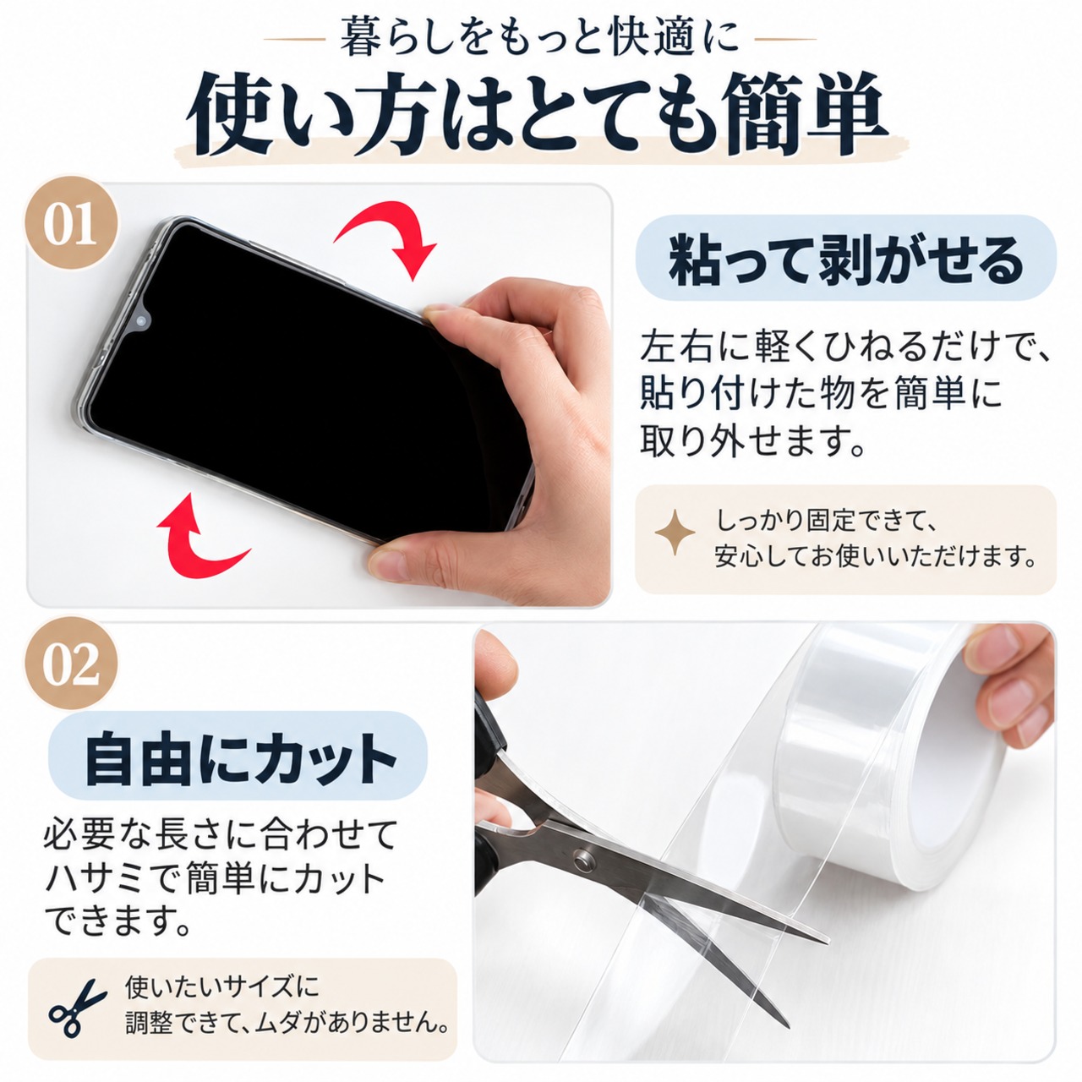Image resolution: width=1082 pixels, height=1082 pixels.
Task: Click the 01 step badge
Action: (x=70, y=224)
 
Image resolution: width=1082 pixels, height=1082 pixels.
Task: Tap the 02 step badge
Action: (x=70, y=664)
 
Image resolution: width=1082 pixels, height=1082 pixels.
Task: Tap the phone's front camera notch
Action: (x=141, y=320)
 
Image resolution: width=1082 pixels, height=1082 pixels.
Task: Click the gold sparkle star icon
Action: (x=675, y=533)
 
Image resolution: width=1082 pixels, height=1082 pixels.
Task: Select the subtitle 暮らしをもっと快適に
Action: (x=539, y=38)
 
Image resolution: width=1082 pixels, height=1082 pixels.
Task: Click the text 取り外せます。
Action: (x=753, y=440)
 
